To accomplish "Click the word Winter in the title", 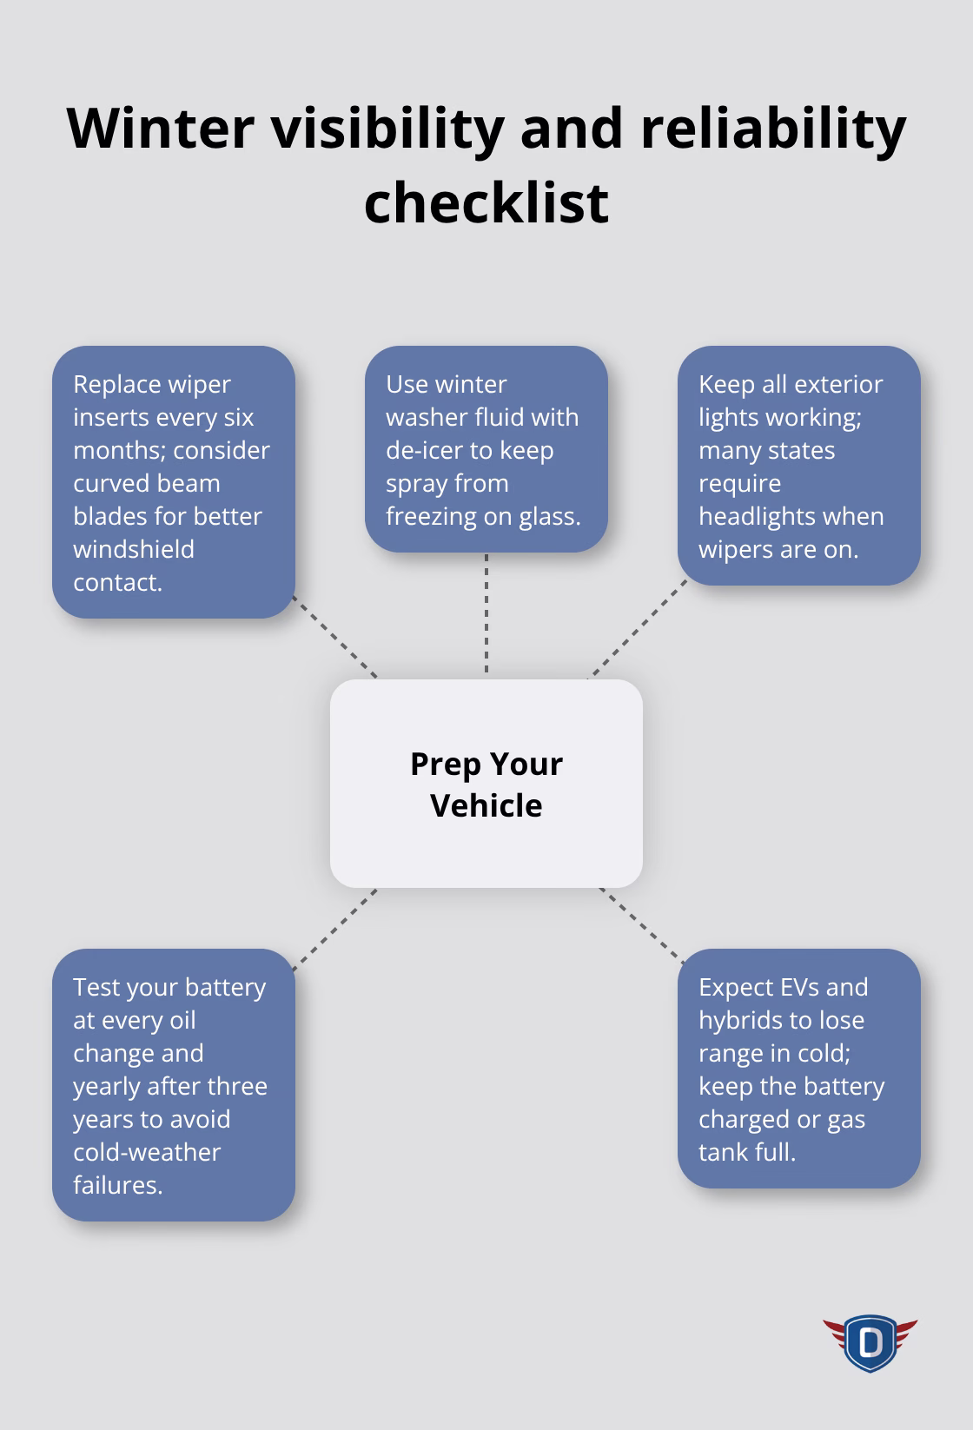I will [x=160, y=129].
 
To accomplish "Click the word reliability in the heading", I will [x=773, y=129].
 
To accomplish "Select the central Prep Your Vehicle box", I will [x=486, y=784].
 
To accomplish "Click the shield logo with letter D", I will [x=870, y=1342].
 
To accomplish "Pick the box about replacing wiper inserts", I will [x=174, y=482].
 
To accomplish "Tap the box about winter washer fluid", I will [x=486, y=449].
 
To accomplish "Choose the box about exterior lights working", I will [x=798, y=466].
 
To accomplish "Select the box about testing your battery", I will [x=174, y=1085].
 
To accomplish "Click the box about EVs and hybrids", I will [x=798, y=1069].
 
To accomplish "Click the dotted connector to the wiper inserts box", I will [x=335, y=637].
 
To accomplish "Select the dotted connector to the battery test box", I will [x=335, y=929].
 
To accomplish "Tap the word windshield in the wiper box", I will [x=133, y=549].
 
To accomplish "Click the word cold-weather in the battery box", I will [x=146, y=1152].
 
